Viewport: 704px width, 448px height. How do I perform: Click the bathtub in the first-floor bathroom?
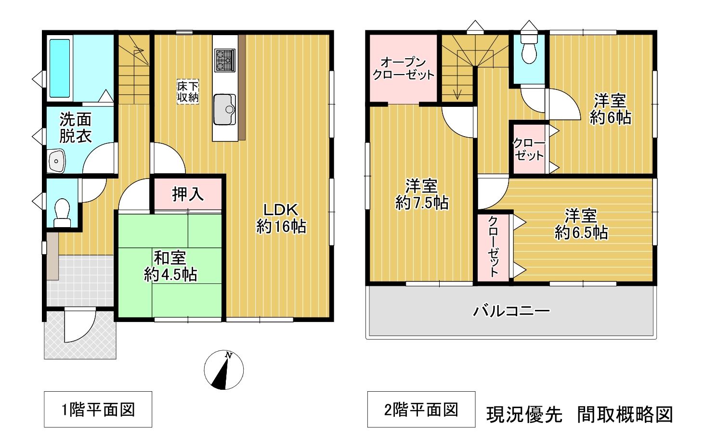click(60, 68)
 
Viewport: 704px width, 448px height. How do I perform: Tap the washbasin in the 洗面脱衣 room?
click(57, 161)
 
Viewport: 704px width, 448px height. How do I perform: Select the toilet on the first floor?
click(62, 212)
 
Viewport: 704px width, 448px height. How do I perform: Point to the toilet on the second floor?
click(529, 49)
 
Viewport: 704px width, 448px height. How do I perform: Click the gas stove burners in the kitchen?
click(225, 60)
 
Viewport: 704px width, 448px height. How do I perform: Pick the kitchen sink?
click(225, 109)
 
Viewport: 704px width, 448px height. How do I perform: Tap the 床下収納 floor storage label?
click(188, 91)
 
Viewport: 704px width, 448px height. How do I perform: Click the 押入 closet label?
click(188, 194)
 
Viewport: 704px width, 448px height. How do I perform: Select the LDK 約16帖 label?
click(281, 218)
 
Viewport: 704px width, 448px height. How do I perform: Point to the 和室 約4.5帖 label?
click(170, 266)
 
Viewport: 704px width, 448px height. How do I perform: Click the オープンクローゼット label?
click(403, 68)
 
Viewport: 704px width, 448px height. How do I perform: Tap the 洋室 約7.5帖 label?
click(421, 194)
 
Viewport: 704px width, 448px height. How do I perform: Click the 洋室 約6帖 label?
click(610, 109)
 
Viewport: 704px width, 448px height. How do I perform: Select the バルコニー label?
click(512, 311)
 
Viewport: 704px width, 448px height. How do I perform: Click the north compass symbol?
click(223, 370)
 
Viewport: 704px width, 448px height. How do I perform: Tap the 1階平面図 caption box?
click(98, 410)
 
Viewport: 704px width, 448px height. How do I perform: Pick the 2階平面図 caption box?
click(421, 410)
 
